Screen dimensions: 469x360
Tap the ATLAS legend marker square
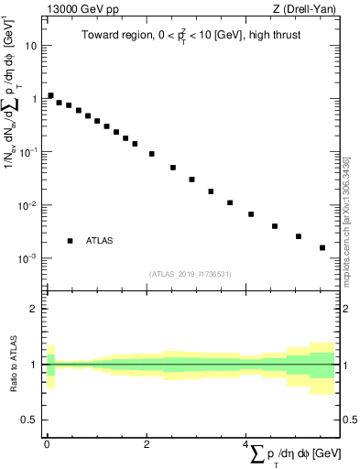tap(70, 241)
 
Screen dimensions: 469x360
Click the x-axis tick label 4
tap(245, 443)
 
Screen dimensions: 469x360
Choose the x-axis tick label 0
tap(47, 443)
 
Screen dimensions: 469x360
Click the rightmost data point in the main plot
tap(322, 247)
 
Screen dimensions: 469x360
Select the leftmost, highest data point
tap(51, 95)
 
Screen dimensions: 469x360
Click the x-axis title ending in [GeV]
tap(294, 455)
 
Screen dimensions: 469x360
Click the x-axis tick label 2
tap(147, 443)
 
